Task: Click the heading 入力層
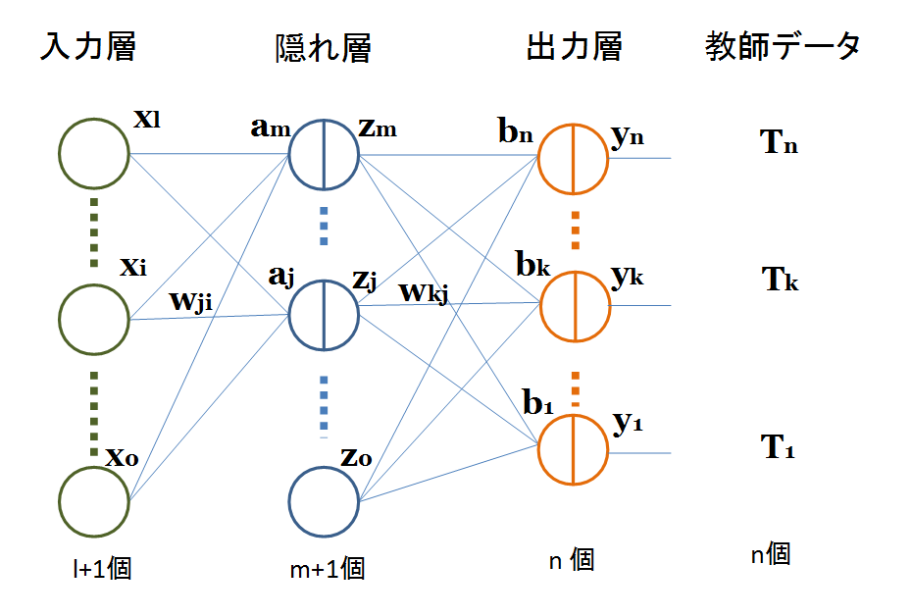point(87,46)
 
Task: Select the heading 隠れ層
point(324,48)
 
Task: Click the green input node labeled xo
point(94,501)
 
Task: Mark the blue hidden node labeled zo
point(325,501)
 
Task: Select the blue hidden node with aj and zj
point(325,315)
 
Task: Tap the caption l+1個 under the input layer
point(94,569)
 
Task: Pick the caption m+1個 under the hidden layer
point(328,568)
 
